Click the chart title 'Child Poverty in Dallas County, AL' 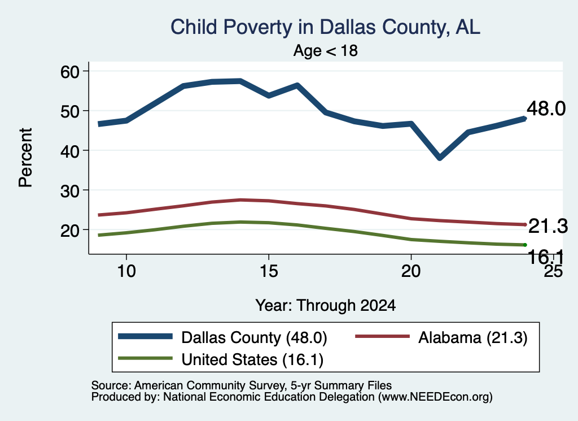[325, 28]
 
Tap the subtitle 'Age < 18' [325, 50]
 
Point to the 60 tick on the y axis [70, 71]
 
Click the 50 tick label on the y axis [70, 111]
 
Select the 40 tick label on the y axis [70, 150]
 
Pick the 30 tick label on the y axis [70, 190]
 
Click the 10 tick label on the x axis [126, 271]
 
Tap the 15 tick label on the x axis [269, 271]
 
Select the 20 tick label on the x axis [411, 271]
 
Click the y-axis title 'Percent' [26, 158]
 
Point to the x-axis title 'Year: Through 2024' [325, 306]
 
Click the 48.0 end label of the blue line [546, 109]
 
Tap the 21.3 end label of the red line [548, 226]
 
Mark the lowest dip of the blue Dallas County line [439, 158]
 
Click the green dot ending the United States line [525, 245]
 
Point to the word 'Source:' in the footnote [111, 385]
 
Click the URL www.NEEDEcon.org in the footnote [435, 397]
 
